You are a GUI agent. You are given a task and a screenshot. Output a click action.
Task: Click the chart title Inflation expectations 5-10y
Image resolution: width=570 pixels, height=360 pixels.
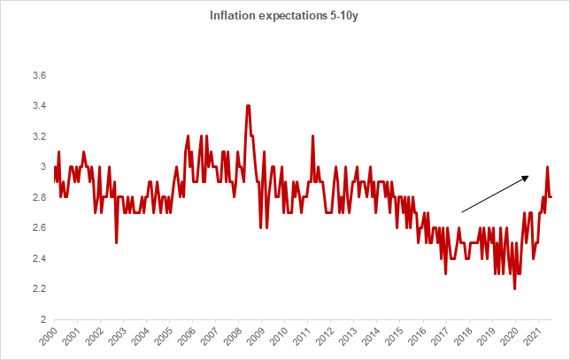[284, 15]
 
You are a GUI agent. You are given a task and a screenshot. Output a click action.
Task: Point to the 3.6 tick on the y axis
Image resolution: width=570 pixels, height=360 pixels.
[39, 75]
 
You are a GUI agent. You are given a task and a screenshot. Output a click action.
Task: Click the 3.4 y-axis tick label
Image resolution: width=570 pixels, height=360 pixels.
[39, 106]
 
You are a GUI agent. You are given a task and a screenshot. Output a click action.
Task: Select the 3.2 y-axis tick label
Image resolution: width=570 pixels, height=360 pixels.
[39, 136]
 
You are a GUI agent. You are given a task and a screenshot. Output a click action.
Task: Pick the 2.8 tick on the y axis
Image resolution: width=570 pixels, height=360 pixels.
[39, 197]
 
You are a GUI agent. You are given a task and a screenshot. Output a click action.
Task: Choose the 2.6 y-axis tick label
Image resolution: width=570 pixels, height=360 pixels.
[39, 228]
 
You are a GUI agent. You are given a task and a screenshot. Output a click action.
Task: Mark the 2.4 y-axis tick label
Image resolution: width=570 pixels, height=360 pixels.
[39, 258]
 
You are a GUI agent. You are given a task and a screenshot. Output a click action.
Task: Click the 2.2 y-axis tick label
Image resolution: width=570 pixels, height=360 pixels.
[39, 289]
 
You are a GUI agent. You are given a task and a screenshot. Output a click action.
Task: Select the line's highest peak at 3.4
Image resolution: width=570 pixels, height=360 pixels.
[248, 106]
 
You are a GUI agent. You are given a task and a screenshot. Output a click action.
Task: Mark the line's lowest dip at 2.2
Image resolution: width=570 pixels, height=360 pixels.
[514, 288]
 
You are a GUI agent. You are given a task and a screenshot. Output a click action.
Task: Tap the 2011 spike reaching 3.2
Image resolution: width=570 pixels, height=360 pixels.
[313, 136]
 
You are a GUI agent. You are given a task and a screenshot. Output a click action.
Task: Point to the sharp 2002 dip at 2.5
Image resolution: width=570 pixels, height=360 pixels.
[117, 242]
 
